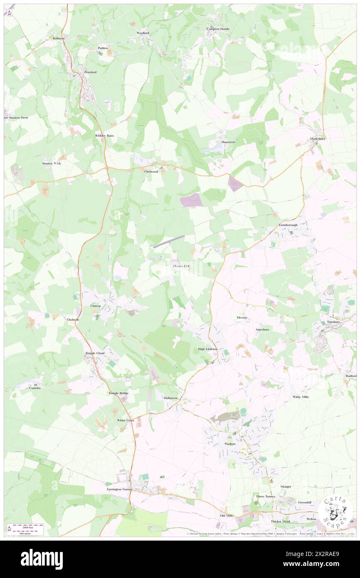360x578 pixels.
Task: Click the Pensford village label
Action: coord(90,72)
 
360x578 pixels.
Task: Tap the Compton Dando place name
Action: coord(218,29)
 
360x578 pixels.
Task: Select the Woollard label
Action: coord(143,33)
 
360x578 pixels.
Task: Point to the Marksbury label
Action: coord(317,138)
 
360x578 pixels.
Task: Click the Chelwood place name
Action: coord(151,171)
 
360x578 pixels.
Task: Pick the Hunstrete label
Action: coord(228,142)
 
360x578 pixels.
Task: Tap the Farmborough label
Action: coord(288,225)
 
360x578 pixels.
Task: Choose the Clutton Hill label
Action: coord(181,266)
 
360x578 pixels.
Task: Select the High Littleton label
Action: coord(207,349)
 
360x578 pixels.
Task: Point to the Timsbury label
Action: coord(333,322)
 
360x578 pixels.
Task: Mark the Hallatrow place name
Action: coord(171,398)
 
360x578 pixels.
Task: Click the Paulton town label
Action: coord(230,444)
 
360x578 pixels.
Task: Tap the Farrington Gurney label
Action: coord(119,489)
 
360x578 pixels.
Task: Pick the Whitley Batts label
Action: coord(104,136)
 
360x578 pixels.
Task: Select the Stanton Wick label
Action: coord(51,163)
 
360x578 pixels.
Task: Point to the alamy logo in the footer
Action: coord(42,559)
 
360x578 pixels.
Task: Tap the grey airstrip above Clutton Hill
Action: coord(168,241)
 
